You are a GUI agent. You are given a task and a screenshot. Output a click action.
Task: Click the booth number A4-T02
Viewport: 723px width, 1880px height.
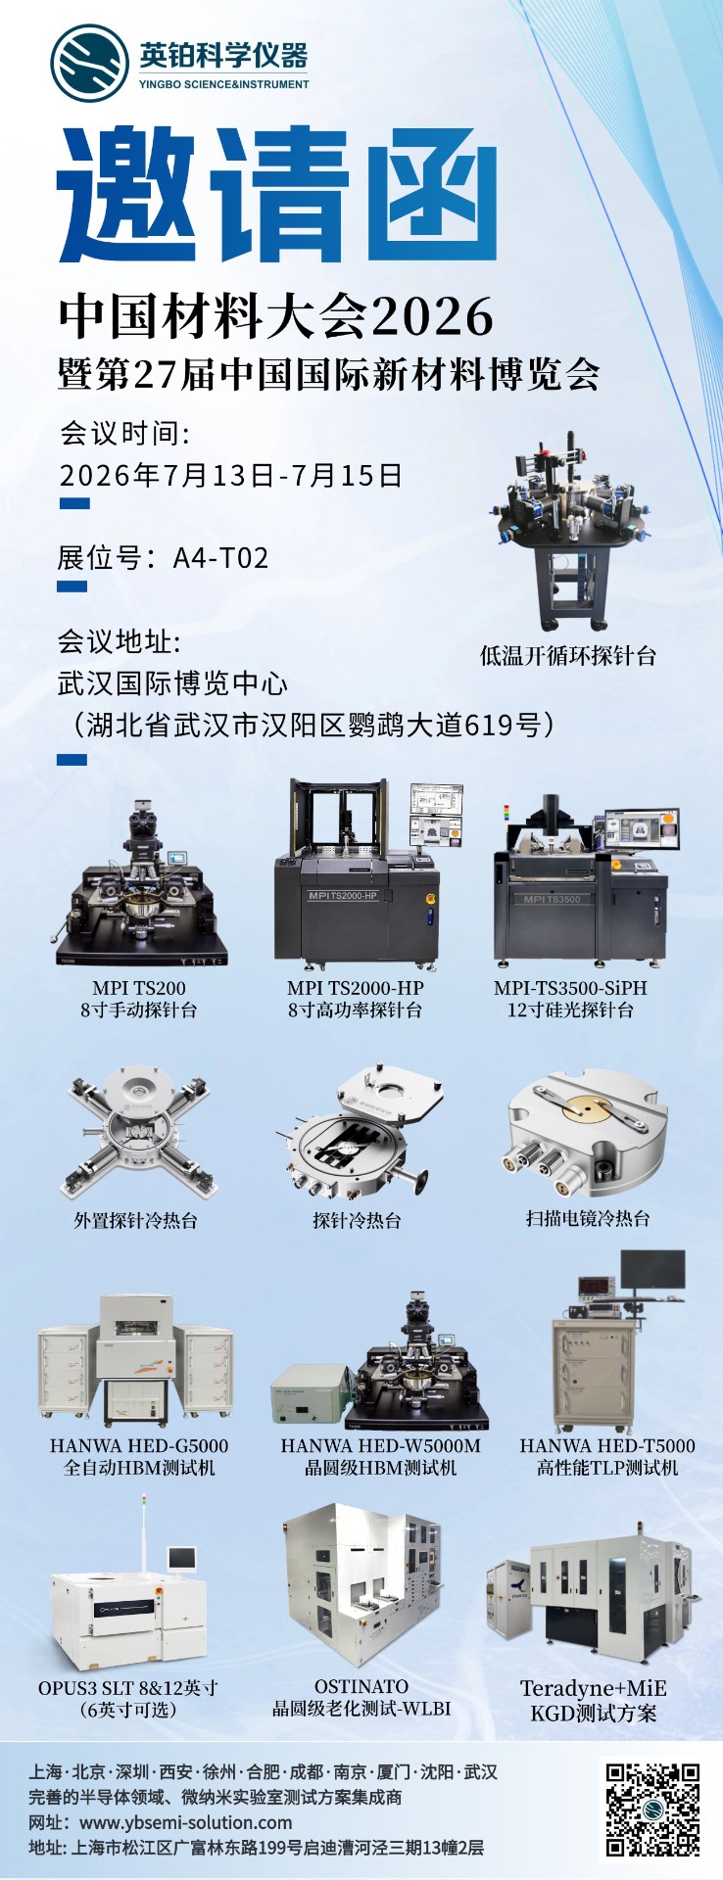tap(220, 558)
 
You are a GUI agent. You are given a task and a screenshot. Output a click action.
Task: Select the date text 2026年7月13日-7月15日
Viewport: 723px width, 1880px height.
tap(231, 476)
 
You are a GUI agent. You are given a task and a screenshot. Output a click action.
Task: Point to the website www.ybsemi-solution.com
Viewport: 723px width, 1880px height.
tap(185, 1822)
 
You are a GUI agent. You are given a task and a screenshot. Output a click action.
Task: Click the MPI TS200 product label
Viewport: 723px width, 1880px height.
tap(139, 988)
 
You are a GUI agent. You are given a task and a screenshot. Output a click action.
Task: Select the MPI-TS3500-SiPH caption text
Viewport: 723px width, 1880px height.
tap(570, 988)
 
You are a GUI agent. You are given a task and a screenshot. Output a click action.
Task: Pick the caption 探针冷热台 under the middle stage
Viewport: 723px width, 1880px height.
tap(357, 1220)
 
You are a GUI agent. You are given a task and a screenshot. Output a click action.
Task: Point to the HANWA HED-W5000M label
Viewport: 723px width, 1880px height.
tap(380, 1445)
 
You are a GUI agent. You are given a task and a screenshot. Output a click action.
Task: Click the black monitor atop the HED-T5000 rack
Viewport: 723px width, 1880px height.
tap(653, 1271)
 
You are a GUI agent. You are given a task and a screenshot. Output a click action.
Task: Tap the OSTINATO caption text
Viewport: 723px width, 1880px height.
tap(361, 1686)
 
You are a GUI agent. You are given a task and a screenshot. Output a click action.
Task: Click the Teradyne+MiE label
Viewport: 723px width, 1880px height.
tap(594, 1688)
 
